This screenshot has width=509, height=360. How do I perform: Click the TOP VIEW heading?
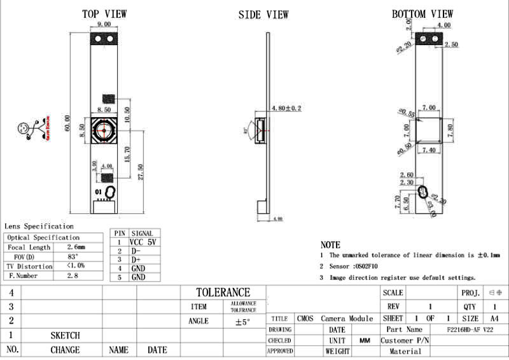pyautogui.click(x=104, y=13)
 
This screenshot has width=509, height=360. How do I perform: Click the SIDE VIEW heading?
pyautogui.click(x=263, y=14)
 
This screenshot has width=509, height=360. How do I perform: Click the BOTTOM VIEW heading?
pyautogui.click(x=422, y=13)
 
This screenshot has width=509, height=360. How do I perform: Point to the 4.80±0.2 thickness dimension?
pyautogui.click(x=286, y=109)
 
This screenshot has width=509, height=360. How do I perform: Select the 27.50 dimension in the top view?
pyautogui.click(x=142, y=170)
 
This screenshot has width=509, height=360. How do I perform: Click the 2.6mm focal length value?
pyautogui.click(x=76, y=247)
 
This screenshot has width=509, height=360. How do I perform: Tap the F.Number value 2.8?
pyautogui.click(x=73, y=275)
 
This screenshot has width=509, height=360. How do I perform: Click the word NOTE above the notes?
pyautogui.click(x=330, y=245)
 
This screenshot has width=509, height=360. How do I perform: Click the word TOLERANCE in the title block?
pyautogui.click(x=223, y=292)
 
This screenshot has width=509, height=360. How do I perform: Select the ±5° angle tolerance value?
pyautogui.click(x=242, y=322)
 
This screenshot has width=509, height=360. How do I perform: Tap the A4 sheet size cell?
pyautogui.click(x=494, y=318)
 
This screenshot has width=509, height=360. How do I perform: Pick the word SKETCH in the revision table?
pyautogui.click(x=65, y=335)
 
